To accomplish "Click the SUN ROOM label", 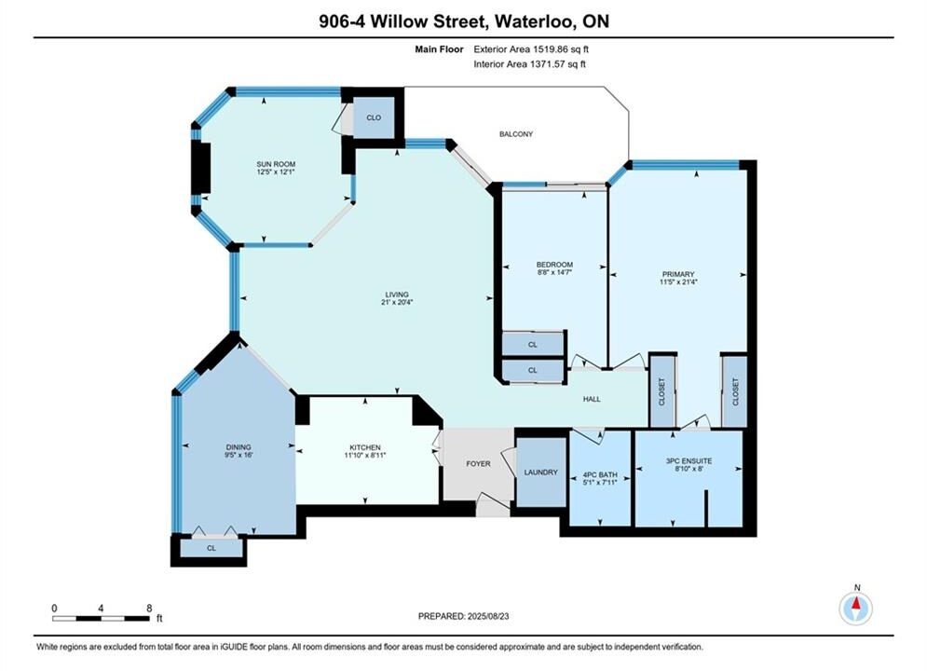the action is (276, 164).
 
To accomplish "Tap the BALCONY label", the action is (516, 134).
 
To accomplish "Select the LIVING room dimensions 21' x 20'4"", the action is (397, 302).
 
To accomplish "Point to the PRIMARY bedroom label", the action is (678, 274).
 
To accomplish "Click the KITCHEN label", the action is (365, 447).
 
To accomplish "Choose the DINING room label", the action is (239, 447).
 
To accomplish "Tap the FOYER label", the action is (478, 464).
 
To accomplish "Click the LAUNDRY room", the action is (541, 472).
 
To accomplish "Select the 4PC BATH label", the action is (600, 474).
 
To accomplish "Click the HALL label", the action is (592, 399).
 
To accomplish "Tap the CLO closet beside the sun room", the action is (374, 117).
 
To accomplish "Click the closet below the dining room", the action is (211, 548).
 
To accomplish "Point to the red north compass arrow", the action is (855, 603).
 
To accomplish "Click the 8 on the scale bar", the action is (149, 609).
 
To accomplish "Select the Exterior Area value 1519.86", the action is (551, 49).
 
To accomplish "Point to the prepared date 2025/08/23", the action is (488, 616).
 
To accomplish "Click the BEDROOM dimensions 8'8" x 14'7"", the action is (554, 272).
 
